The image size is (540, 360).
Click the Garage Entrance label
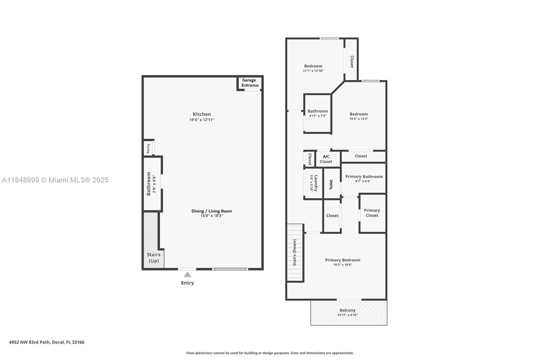pyautogui.click(x=250, y=83)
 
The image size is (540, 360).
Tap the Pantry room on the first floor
pyautogui.click(x=148, y=148)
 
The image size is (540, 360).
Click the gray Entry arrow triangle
pyautogui.click(x=187, y=275)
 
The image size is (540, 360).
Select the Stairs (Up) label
pyautogui.click(x=154, y=258)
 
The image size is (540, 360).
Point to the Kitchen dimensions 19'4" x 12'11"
pyautogui.click(x=202, y=120)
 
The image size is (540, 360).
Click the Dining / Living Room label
pyautogui.click(x=212, y=211)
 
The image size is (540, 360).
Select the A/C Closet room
pyautogui.click(x=326, y=159)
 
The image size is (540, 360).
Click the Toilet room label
pyautogui.click(x=331, y=184)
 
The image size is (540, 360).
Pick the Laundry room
pyautogui.click(x=314, y=183)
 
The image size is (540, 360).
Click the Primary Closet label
pyautogui.click(x=372, y=213)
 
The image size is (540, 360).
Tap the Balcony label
pyautogui.click(x=347, y=310)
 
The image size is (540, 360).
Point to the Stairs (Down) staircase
pyautogui.click(x=295, y=253)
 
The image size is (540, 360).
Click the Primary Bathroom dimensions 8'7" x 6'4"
pyautogui.click(x=363, y=181)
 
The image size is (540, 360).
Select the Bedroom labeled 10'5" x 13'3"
pyautogui.click(x=358, y=116)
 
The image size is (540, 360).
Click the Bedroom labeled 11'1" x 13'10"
pyautogui.click(x=313, y=68)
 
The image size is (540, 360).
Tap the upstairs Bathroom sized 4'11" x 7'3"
pyautogui.click(x=318, y=113)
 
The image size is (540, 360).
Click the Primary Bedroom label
pyautogui.click(x=343, y=260)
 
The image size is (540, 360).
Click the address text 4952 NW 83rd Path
pyautogui.click(x=47, y=342)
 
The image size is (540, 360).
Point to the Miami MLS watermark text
pyautogui.click(x=55, y=180)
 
